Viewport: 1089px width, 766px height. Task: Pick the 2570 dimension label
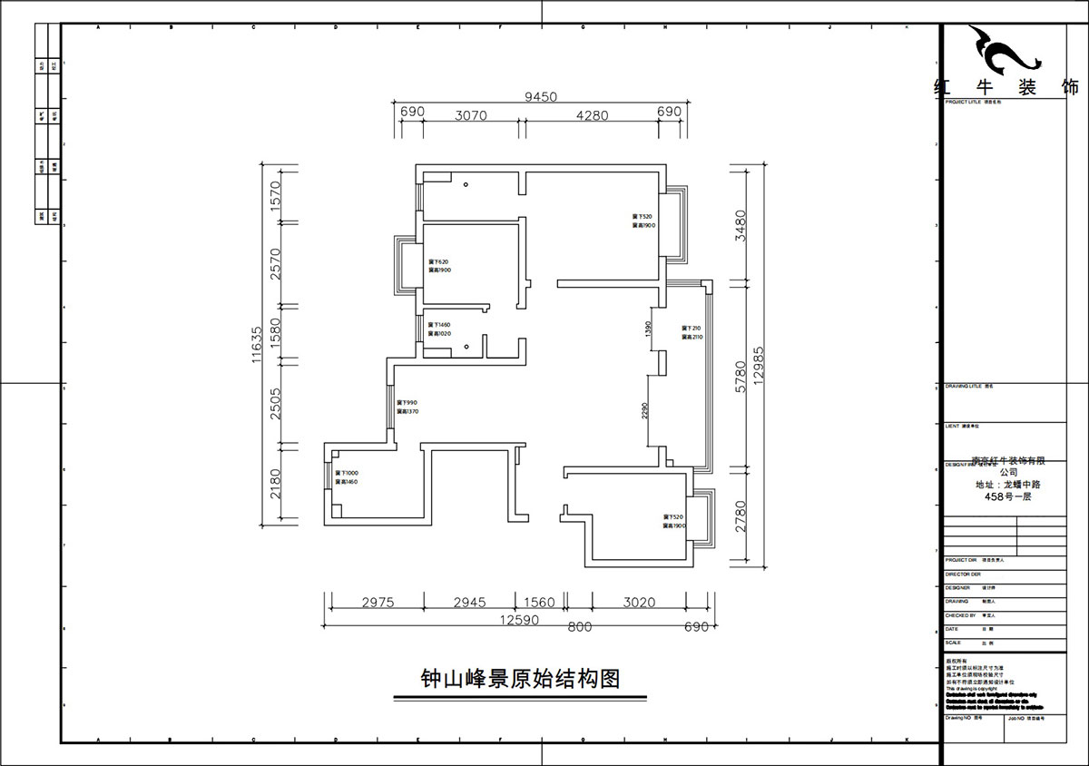coord(278,263)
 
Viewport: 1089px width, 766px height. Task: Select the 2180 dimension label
coord(278,484)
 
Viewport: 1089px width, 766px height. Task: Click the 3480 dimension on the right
coord(740,226)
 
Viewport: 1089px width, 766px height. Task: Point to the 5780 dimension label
coord(740,377)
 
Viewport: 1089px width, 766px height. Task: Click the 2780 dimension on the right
coord(740,518)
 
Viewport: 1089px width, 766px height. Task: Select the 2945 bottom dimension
coord(469,603)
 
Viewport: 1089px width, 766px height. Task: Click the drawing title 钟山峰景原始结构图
coord(520,679)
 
